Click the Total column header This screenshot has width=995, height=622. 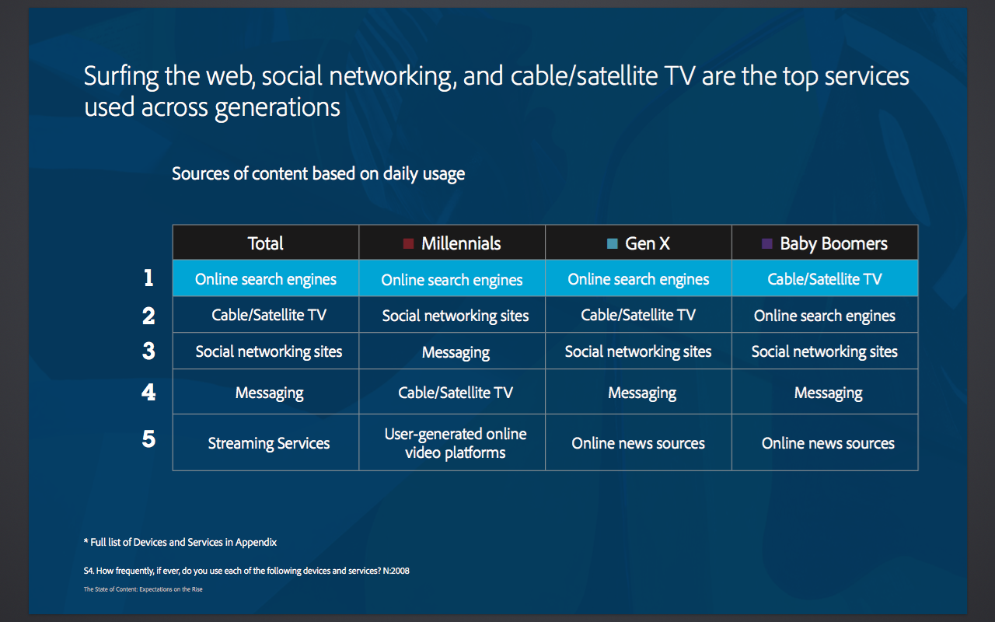(265, 243)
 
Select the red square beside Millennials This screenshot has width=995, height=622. (408, 243)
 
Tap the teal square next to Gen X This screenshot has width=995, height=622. (612, 243)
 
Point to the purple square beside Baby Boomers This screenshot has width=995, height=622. (766, 243)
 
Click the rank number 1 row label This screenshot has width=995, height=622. (148, 278)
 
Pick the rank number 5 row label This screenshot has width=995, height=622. (148, 439)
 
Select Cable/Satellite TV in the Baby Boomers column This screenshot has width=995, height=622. (825, 279)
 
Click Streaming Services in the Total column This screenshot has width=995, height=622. (269, 443)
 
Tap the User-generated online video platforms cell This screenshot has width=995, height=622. (456, 443)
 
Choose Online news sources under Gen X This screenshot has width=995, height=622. (638, 443)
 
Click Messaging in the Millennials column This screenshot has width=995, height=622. (456, 352)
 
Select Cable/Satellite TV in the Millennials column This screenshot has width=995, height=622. (456, 393)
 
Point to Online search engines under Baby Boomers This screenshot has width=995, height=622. (825, 316)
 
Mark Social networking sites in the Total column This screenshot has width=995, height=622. (269, 351)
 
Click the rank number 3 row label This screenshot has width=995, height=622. (148, 351)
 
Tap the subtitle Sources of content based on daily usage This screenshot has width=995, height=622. (318, 173)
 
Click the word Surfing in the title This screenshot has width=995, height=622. (120, 76)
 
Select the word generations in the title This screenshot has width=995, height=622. (278, 107)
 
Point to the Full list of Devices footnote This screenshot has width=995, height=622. (180, 542)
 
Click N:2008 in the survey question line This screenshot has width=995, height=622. (396, 571)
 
